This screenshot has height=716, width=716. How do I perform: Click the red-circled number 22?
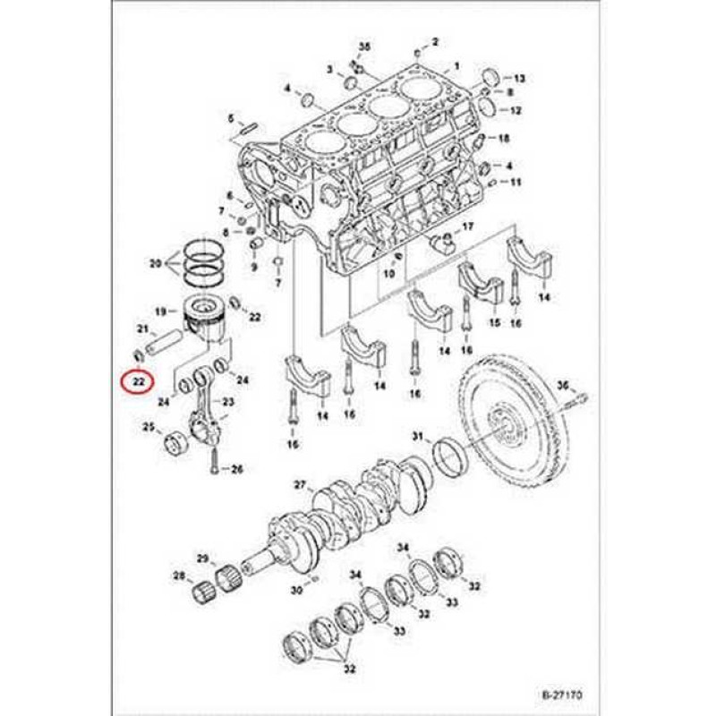[x=137, y=384]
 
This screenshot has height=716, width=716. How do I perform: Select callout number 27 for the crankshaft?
[x=300, y=486]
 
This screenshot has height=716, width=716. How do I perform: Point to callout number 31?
[x=417, y=436]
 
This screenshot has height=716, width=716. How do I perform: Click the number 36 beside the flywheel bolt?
[x=563, y=385]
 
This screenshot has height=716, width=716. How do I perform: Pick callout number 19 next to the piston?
[x=161, y=311]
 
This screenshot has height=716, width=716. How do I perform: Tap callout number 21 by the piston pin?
[x=141, y=330]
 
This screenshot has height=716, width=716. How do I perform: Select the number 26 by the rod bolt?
[x=237, y=468]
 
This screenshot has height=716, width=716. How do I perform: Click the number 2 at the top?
[x=436, y=41]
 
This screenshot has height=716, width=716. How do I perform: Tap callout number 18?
[x=503, y=138]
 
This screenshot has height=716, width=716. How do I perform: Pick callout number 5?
[x=230, y=119]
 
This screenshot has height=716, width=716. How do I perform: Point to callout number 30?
[x=296, y=591]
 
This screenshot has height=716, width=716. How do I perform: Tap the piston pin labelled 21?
[x=169, y=343]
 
